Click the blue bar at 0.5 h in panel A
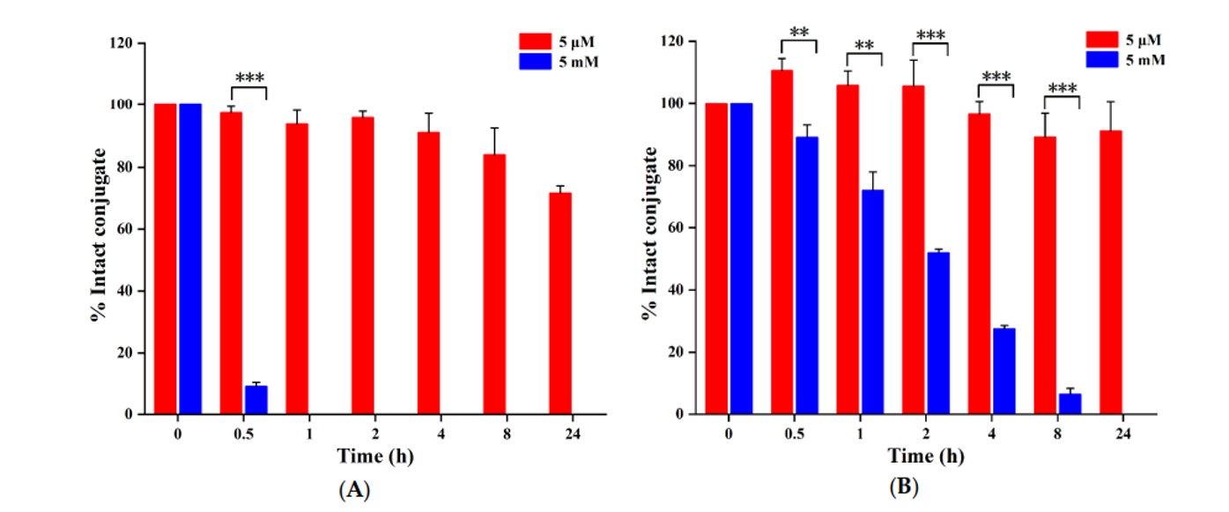click(256, 400)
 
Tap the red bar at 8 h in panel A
click(494, 284)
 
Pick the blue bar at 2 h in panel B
click(938, 333)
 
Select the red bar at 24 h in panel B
click(1111, 272)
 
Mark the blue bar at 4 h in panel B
click(1004, 371)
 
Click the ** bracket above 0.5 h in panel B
click(799, 37)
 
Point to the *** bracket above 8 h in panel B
click(1062, 93)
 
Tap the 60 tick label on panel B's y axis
click(678, 228)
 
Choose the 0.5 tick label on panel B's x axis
click(795, 434)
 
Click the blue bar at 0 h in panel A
click(190, 259)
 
